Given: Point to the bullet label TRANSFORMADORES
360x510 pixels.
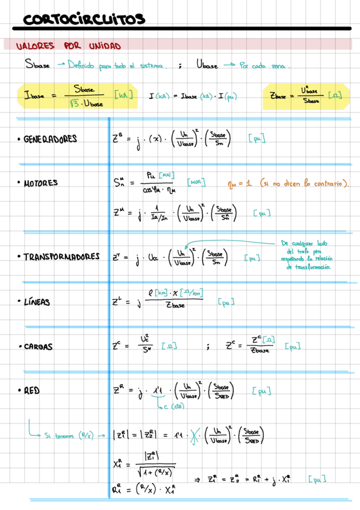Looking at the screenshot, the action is pyautogui.click(x=61, y=257).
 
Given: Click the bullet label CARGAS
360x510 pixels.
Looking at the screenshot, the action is pyautogui.click(x=38, y=347).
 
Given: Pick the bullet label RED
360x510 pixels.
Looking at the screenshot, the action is pyautogui.click(x=32, y=390).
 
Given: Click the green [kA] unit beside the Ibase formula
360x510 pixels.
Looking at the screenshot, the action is pyautogui.click(x=123, y=95).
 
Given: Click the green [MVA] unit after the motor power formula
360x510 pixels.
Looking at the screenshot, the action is pyautogui.click(x=196, y=181).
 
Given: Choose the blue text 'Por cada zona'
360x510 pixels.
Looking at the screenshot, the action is pyautogui.click(x=264, y=66).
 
